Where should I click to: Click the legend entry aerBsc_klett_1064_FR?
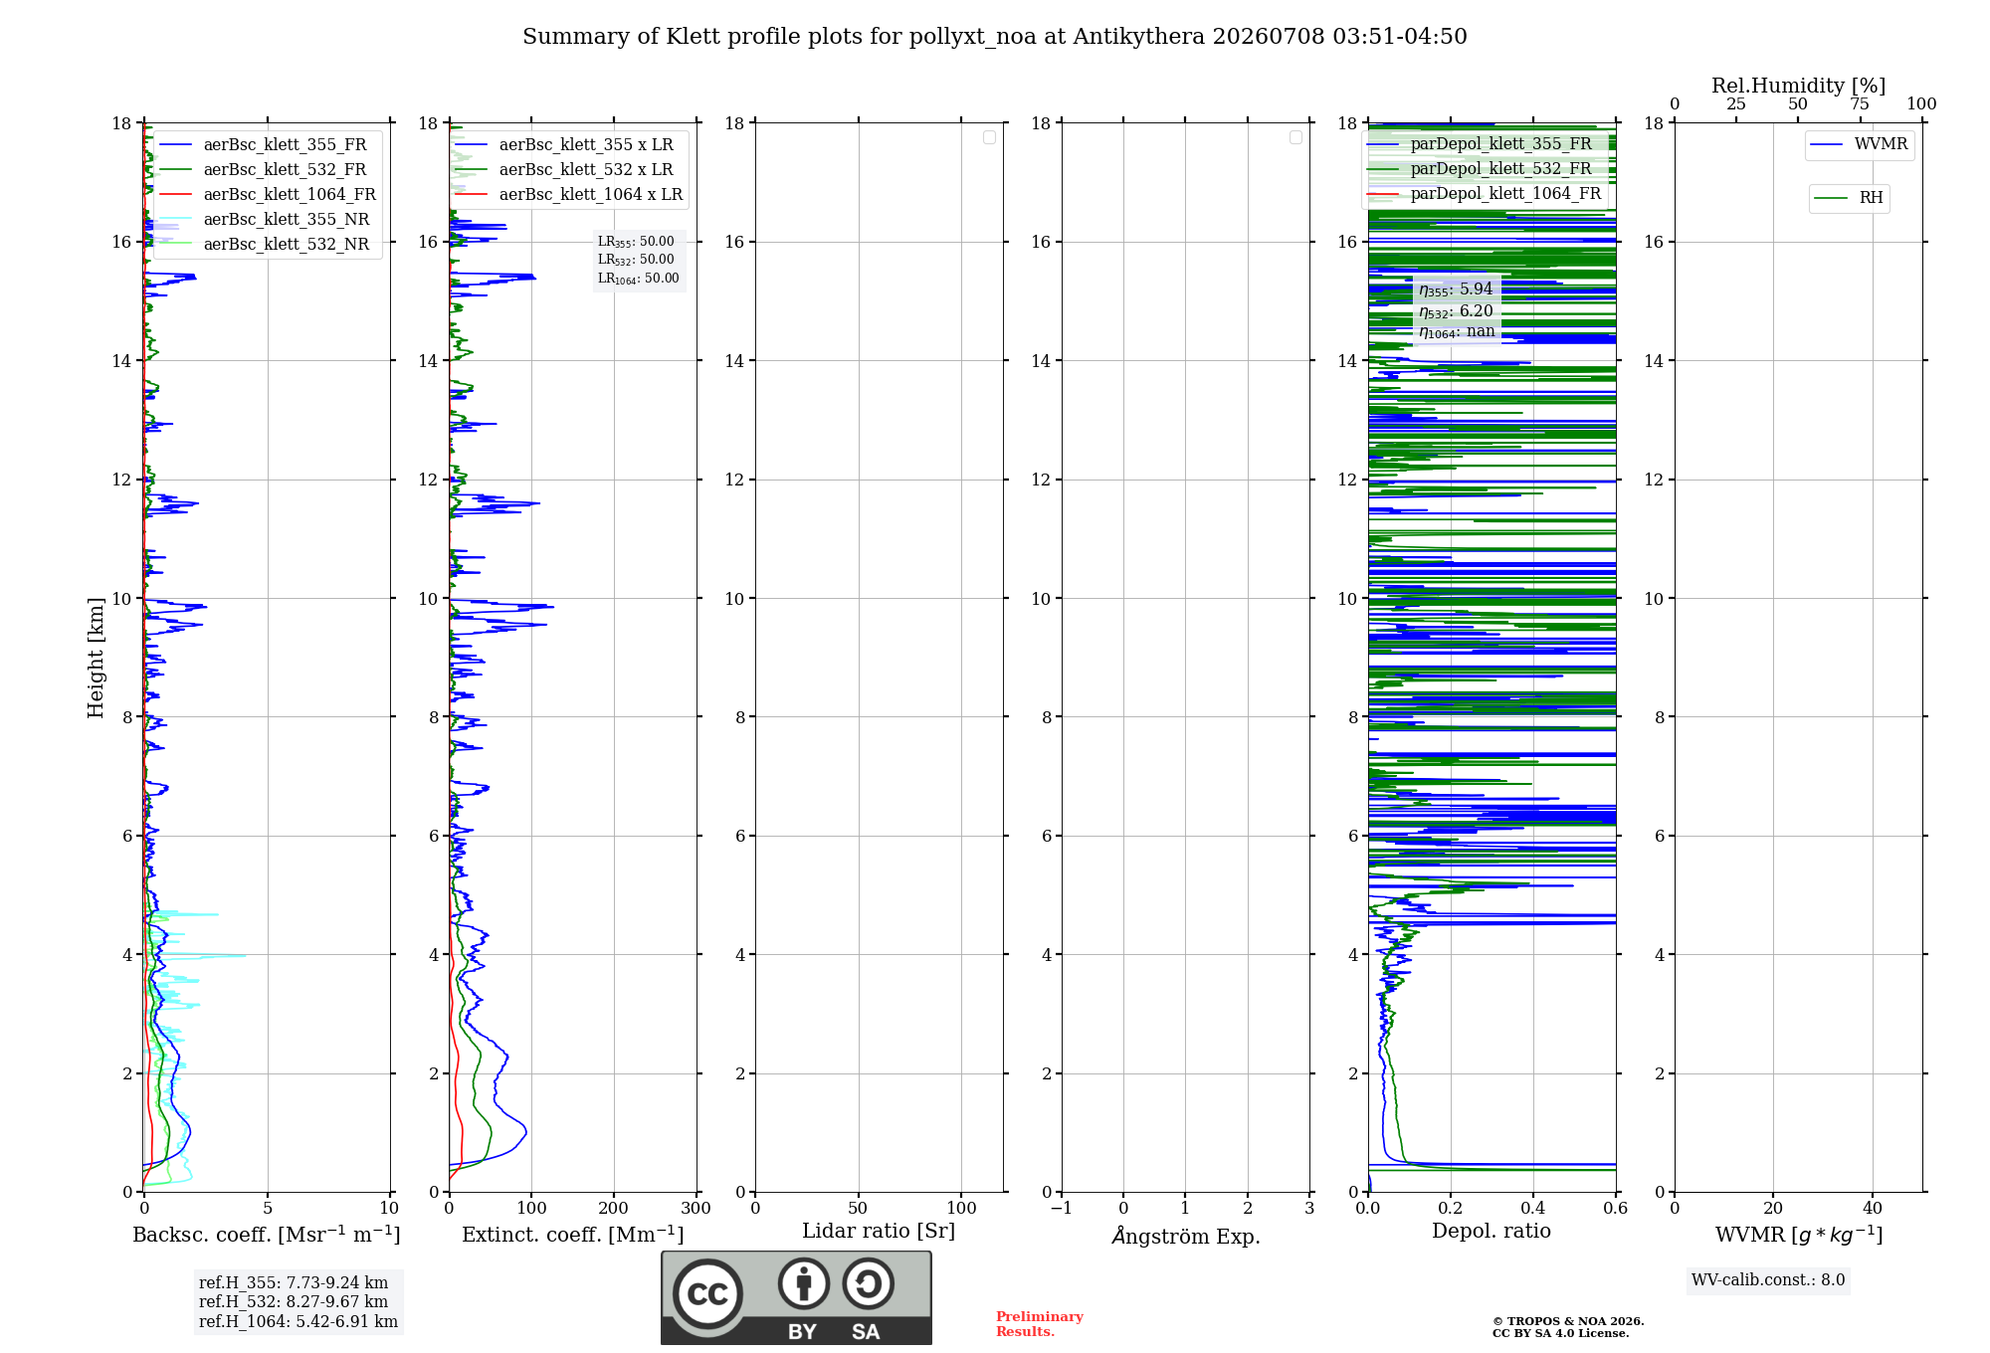267,194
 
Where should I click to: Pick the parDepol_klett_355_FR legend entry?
1480,143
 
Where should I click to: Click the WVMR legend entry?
1859,144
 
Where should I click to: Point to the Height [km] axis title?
96,658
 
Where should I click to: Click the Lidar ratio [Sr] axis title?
879,1231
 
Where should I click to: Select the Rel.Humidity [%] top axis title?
1798,86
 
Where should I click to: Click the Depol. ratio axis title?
1492,1231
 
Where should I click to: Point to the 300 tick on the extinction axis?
696,1208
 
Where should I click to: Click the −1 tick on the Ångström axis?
1062,1208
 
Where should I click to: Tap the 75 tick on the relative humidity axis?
1860,103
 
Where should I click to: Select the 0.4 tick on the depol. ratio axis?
1533,1208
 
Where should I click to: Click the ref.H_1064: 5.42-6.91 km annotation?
298,1321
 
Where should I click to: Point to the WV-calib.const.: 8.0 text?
1768,1279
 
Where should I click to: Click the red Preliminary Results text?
1040,1324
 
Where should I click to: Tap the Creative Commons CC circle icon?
707,1294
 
